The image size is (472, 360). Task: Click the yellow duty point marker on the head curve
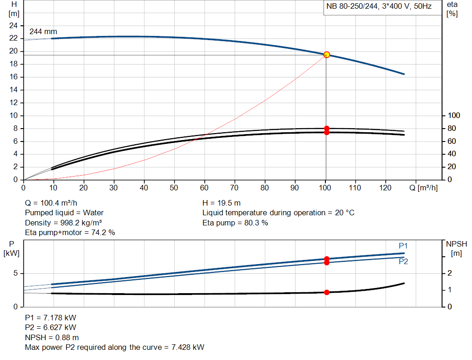pyautogui.click(x=327, y=55)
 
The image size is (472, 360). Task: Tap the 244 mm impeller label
pyautogui.click(x=43, y=32)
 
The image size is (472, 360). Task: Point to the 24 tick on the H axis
pyautogui.click(x=13, y=25)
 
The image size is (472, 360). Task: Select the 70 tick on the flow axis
pyautogui.click(x=235, y=188)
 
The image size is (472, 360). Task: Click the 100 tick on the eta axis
pyautogui.click(x=454, y=115)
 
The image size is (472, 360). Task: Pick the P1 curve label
pyautogui.click(x=403, y=245)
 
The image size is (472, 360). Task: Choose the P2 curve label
pyautogui.click(x=403, y=261)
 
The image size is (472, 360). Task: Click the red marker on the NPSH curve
pyautogui.click(x=327, y=292)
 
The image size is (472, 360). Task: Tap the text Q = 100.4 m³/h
pyautogui.click(x=51, y=203)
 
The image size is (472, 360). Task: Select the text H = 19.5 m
pyautogui.click(x=221, y=203)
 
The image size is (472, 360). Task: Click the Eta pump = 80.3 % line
pyautogui.click(x=235, y=223)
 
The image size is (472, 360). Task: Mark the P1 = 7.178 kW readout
pyautogui.click(x=50, y=318)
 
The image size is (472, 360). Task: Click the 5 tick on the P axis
pyautogui.click(x=15, y=273)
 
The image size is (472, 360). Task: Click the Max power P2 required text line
pyautogui.click(x=114, y=347)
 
